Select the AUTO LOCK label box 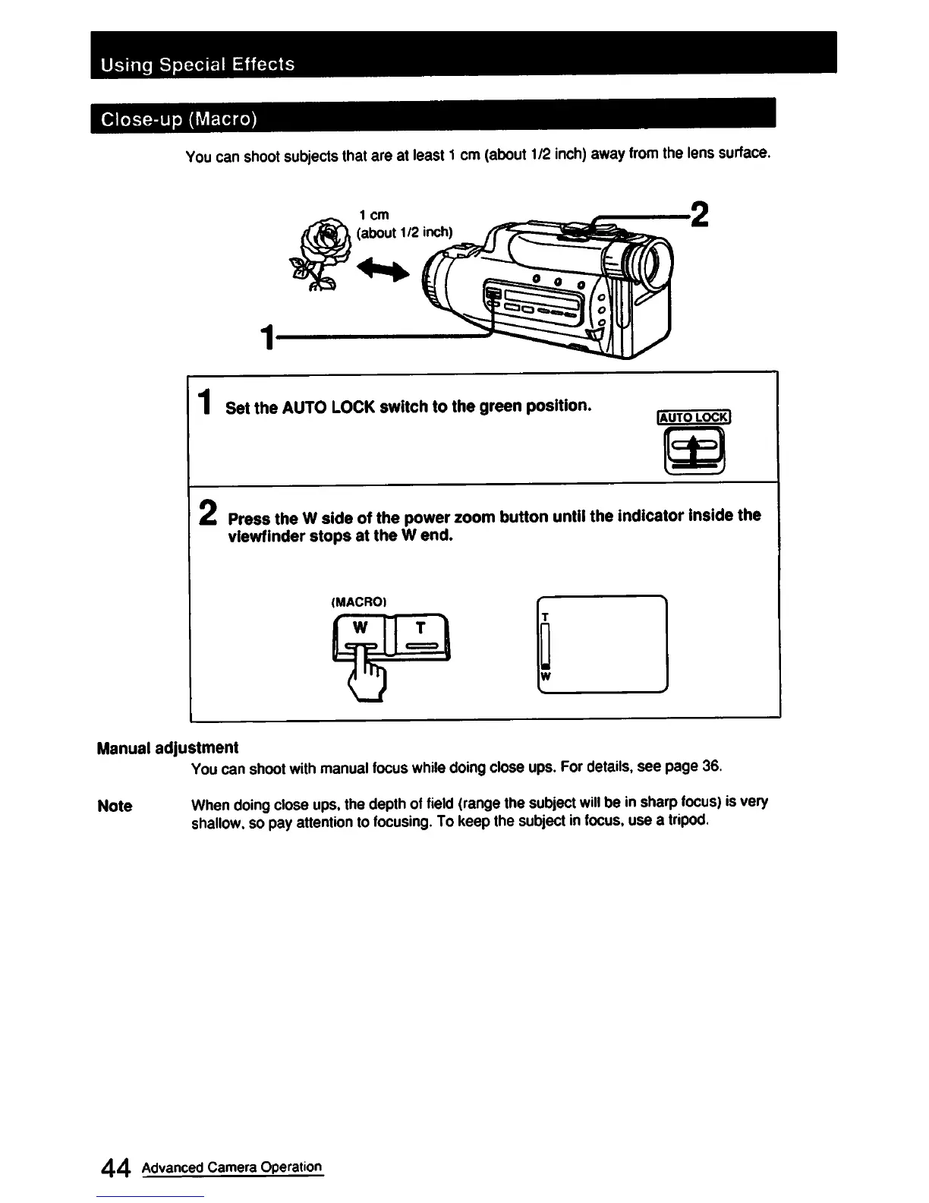(x=693, y=416)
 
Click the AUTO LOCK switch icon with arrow (x=694, y=451)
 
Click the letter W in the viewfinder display (x=544, y=676)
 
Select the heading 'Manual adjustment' (x=168, y=748)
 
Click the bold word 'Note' (x=115, y=806)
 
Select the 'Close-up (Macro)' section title (x=181, y=119)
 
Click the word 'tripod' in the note (x=690, y=822)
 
